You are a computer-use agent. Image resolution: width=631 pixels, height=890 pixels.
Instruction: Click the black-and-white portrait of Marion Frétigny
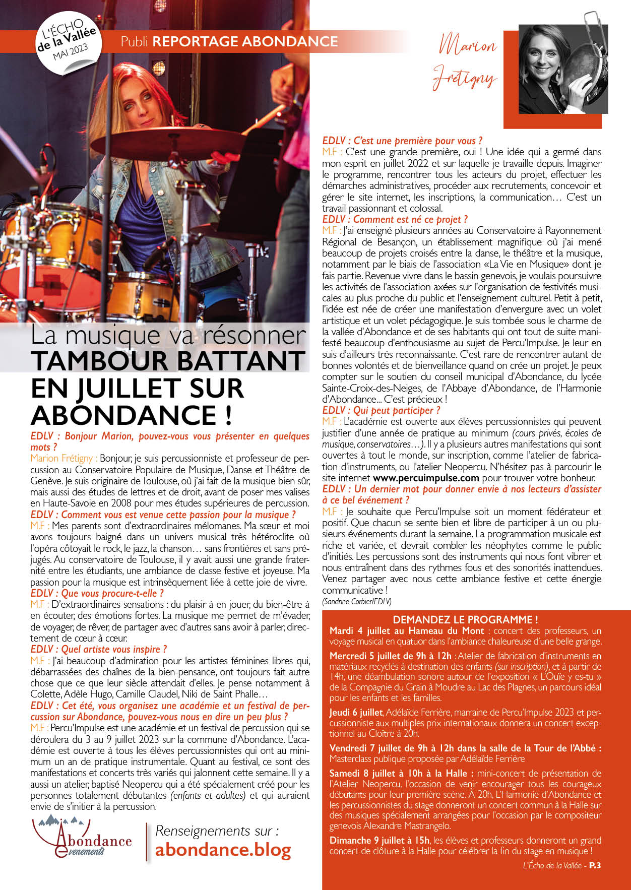click(562, 69)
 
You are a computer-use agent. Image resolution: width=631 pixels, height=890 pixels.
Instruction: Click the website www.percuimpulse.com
click(426, 478)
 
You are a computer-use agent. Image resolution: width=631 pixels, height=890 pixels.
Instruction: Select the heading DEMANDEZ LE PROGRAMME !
click(465, 620)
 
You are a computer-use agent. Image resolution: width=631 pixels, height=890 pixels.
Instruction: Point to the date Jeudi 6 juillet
click(356, 713)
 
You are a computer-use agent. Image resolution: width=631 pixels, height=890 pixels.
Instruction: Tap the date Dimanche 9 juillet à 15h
click(380, 840)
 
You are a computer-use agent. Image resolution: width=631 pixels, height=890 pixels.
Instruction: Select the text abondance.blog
click(223, 850)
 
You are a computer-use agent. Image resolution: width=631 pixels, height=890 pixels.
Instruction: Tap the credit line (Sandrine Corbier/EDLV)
click(357, 601)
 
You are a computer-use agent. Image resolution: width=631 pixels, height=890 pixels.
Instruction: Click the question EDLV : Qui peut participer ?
click(381, 410)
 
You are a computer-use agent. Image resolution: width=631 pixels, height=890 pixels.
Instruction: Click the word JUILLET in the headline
click(135, 388)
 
